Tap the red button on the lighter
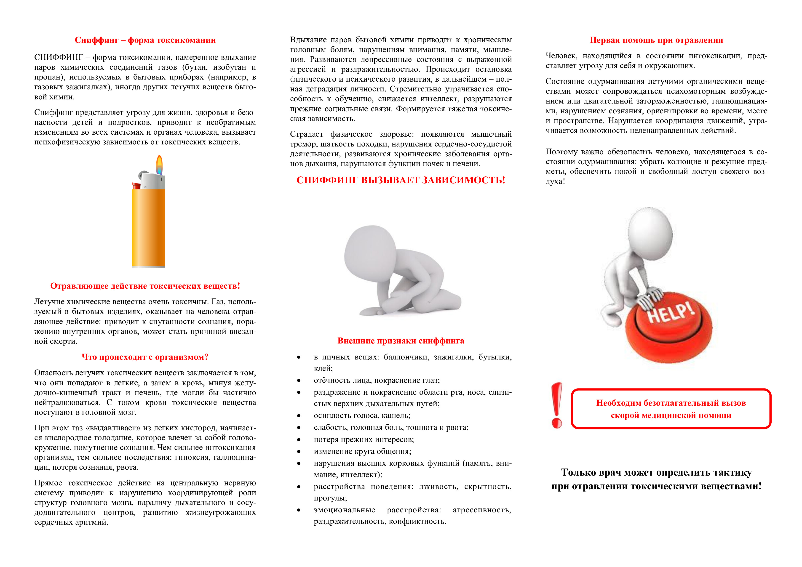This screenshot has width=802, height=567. [x=136, y=186]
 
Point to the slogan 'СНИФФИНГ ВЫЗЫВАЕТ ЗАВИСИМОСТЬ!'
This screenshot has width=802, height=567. [x=401, y=180]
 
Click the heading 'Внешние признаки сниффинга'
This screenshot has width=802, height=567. [x=401, y=341]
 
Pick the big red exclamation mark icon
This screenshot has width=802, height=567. [x=556, y=405]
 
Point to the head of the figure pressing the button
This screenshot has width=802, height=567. [x=650, y=230]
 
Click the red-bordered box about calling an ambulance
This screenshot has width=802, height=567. [x=671, y=409]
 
